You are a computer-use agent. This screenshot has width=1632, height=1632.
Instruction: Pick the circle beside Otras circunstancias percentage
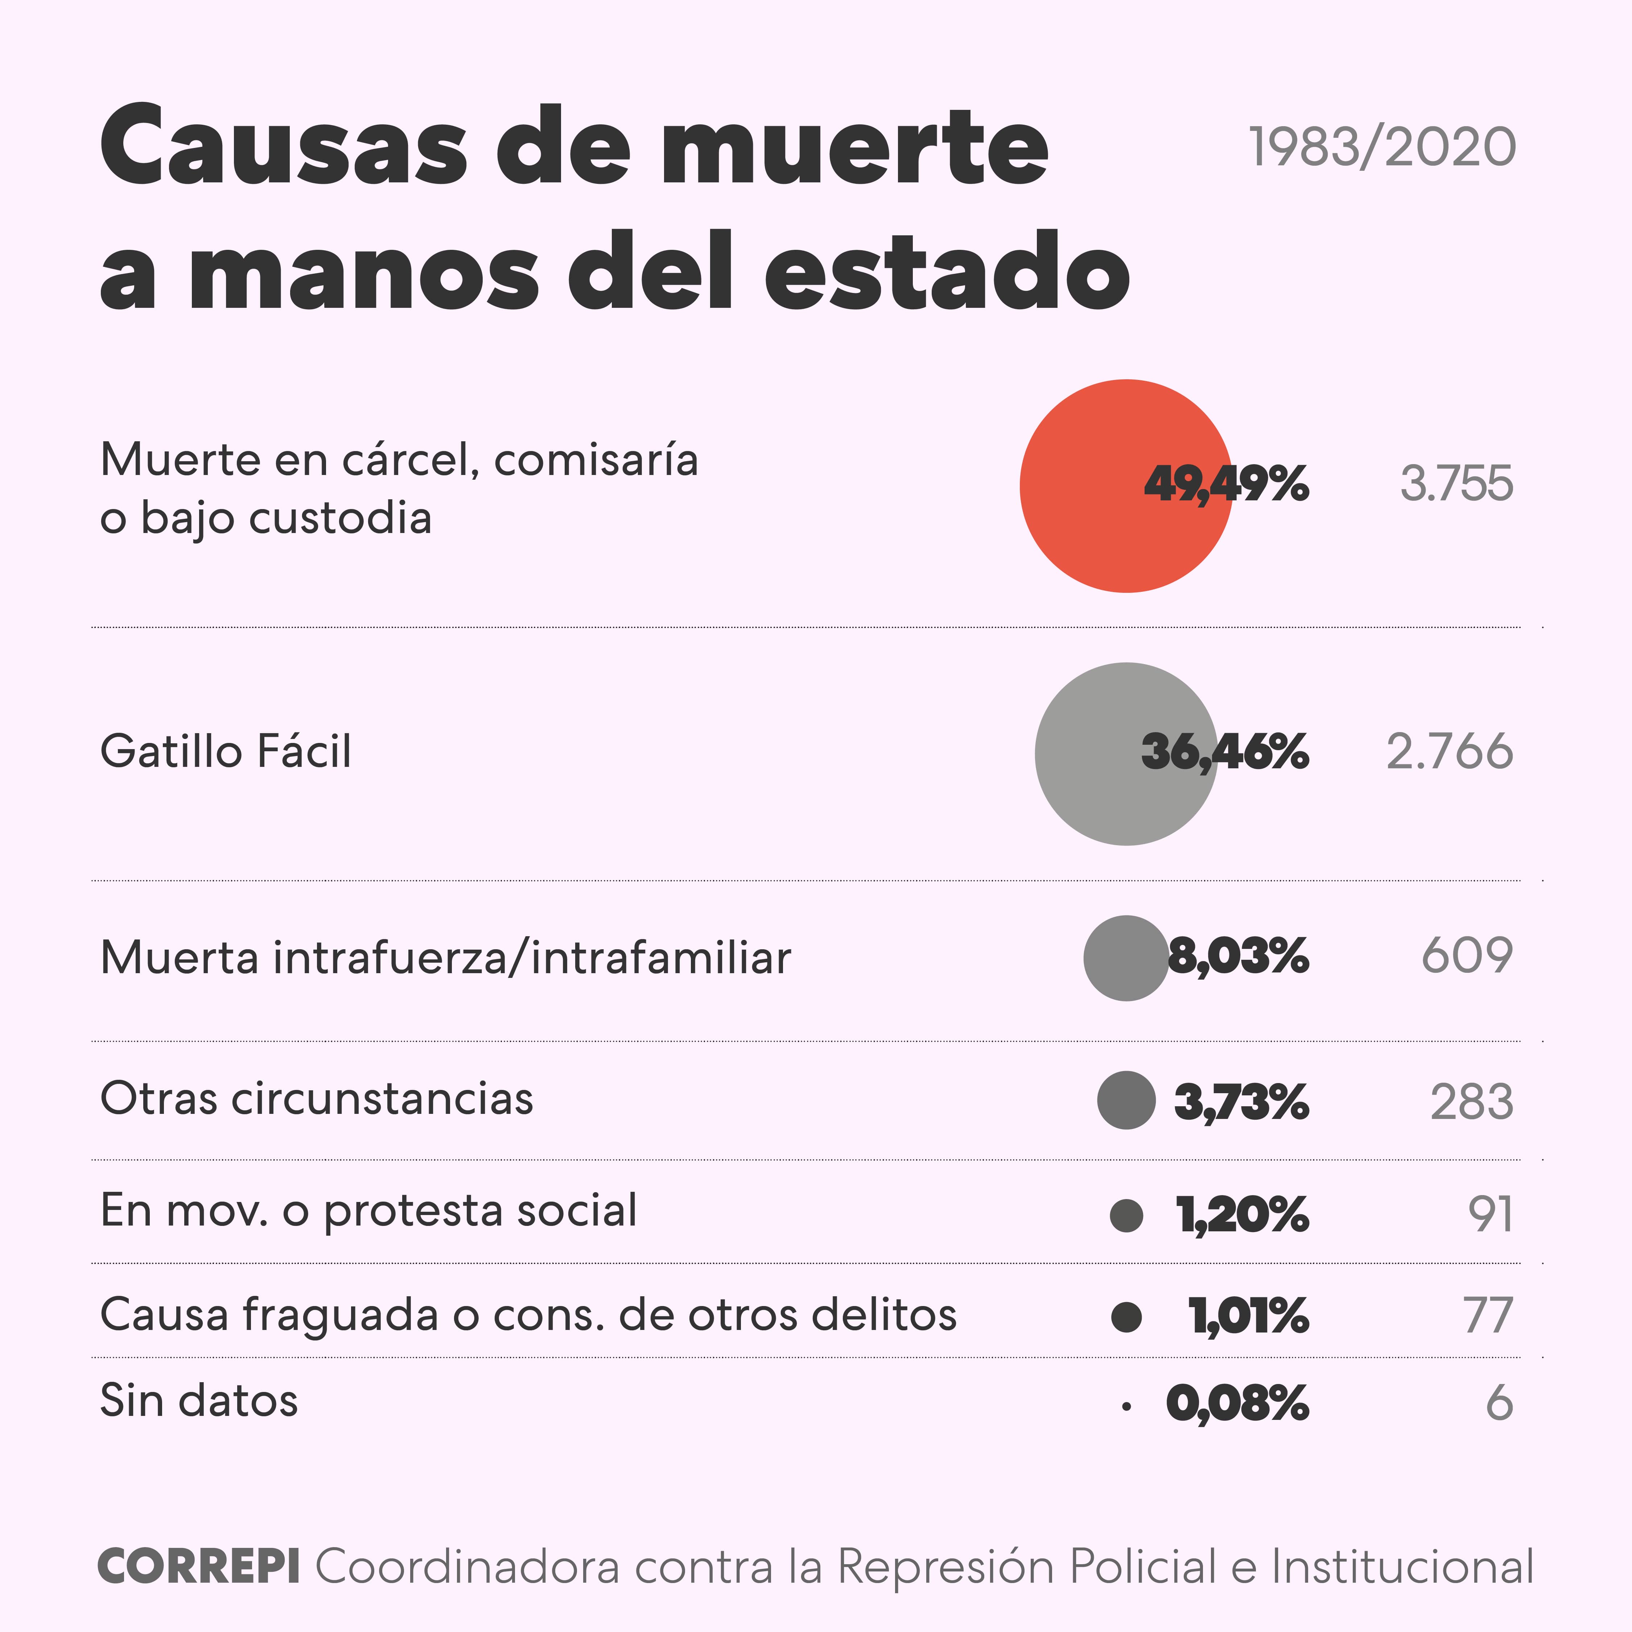pos(1126,1100)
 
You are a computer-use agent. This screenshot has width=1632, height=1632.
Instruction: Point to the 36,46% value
pos(1225,752)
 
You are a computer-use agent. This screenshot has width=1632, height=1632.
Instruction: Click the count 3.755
pos(1456,484)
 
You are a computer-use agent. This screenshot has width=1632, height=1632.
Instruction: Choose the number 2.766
pos(1450,752)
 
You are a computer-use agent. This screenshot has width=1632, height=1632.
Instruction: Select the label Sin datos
pos(199,1401)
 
